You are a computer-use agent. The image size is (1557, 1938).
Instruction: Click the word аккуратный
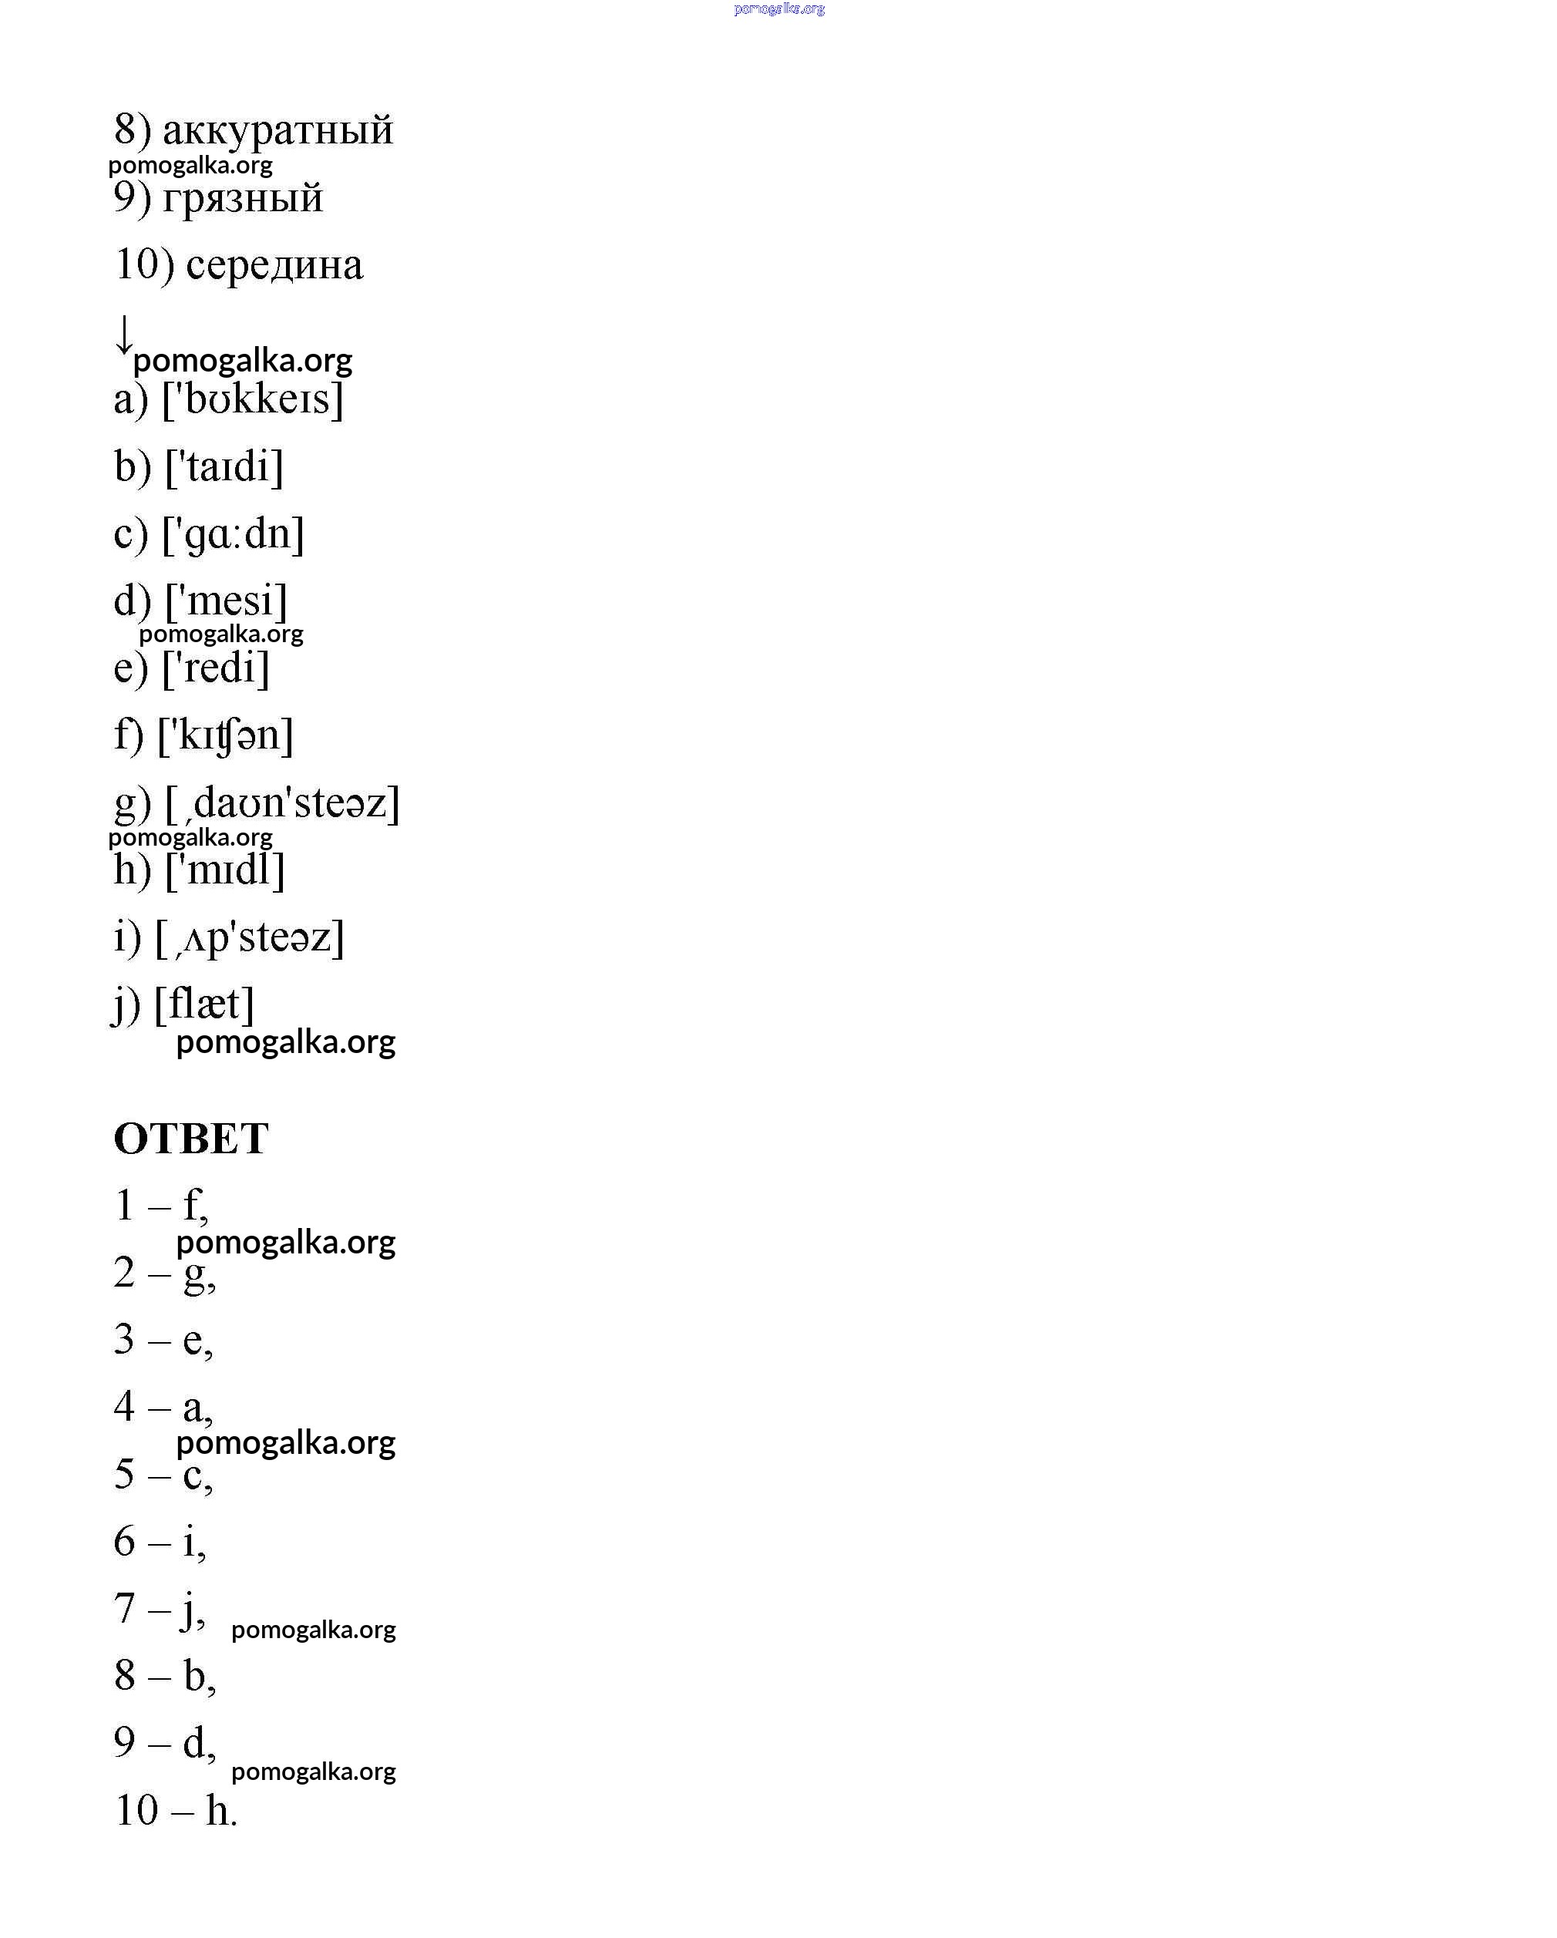point(277,130)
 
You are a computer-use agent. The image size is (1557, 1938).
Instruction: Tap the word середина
point(274,264)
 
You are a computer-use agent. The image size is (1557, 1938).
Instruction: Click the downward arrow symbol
point(124,335)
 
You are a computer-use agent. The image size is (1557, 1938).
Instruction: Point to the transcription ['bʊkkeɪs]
point(253,399)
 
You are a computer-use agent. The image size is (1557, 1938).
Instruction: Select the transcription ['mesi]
point(227,601)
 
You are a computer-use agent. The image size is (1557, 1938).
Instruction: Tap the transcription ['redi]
point(216,668)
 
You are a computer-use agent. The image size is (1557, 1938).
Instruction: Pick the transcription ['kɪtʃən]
point(226,735)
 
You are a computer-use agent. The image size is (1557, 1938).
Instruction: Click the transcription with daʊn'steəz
point(282,802)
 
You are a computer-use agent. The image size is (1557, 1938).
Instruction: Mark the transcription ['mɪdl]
point(225,870)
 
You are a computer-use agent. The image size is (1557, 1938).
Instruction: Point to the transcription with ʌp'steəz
point(250,937)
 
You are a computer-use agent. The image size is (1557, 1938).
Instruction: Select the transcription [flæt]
point(204,1004)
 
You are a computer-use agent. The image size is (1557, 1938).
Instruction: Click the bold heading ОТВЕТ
point(190,1139)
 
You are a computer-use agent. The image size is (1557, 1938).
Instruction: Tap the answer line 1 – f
point(162,1206)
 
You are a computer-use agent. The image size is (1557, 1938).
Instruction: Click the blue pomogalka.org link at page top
point(778,9)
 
